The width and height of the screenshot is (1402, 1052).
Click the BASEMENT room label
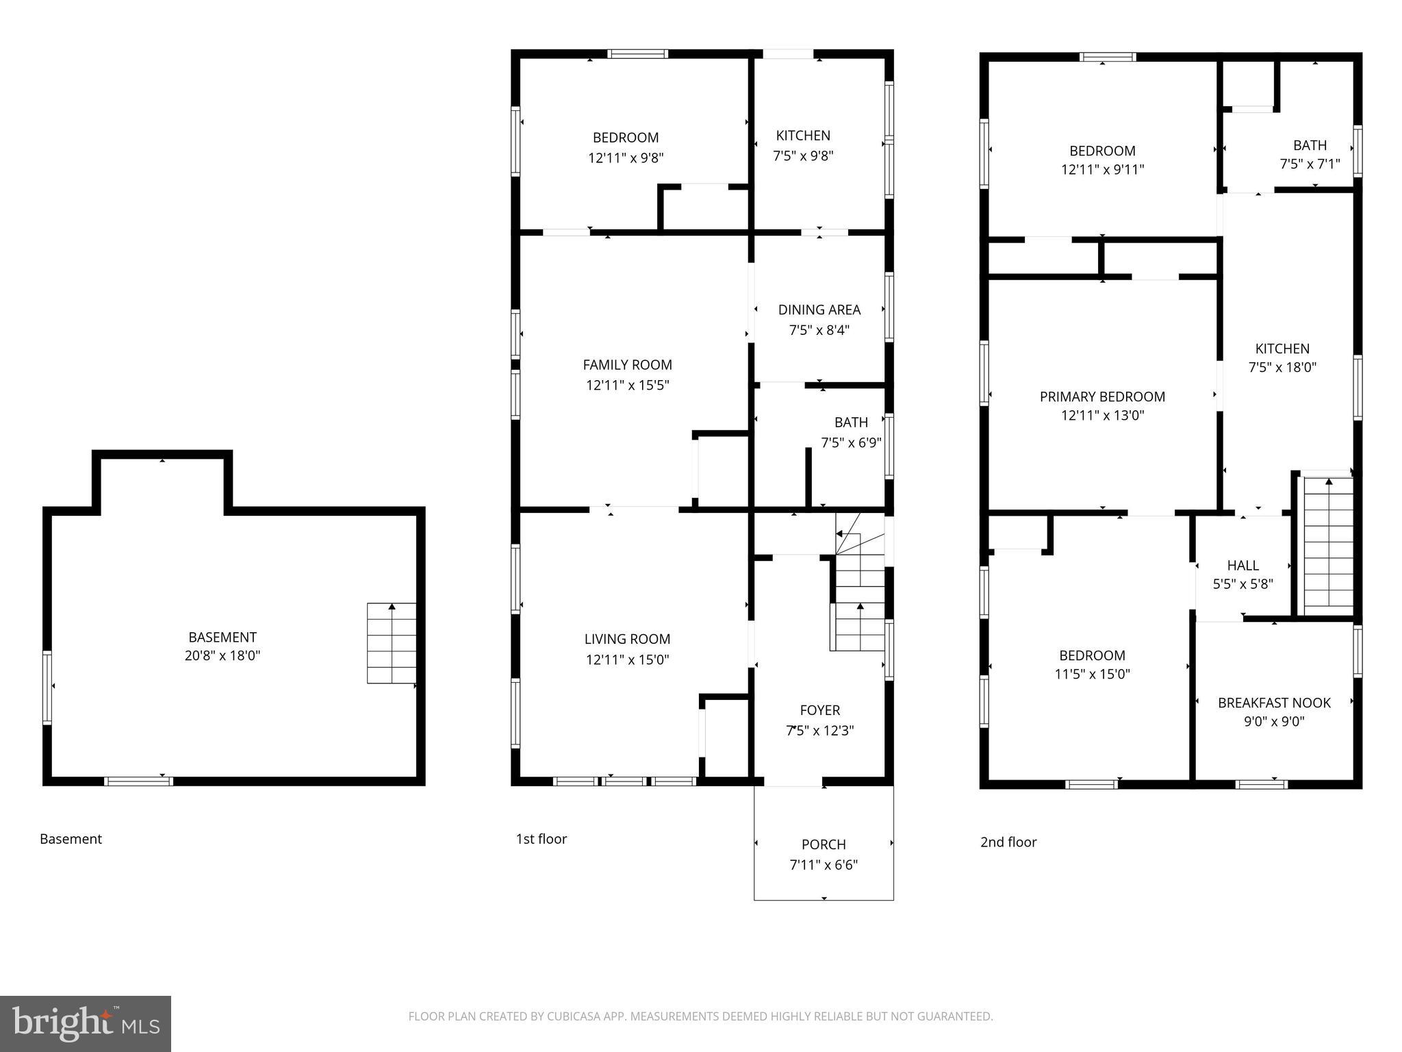pos(222,637)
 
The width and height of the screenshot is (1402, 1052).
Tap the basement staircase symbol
pos(392,643)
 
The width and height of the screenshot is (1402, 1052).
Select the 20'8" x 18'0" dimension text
pos(222,656)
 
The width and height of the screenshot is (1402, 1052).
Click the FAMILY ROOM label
pos(627,365)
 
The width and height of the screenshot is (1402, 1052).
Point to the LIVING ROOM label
pos(627,639)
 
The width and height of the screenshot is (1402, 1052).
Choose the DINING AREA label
pos(819,310)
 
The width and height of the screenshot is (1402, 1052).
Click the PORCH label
pos(824,844)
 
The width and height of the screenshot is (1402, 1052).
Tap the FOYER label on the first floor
pos(819,710)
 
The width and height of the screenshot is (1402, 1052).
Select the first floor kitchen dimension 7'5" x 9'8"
pos(803,156)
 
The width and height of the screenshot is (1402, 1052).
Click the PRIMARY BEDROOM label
pos(1102,397)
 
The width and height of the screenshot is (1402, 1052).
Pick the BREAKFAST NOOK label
pos(1274,703)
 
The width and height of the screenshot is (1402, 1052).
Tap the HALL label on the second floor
pos(1242,565)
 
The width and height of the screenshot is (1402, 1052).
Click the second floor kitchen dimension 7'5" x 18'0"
pos(1282,367)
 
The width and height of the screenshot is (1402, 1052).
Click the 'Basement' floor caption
pos(71,839)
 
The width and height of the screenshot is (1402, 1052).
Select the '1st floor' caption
pos(541,839)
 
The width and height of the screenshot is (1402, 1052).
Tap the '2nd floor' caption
pos(1008,842)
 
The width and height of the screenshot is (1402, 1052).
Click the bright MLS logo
pos(86,1023)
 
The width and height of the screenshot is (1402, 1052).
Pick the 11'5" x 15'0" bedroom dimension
pos(1092,674)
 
